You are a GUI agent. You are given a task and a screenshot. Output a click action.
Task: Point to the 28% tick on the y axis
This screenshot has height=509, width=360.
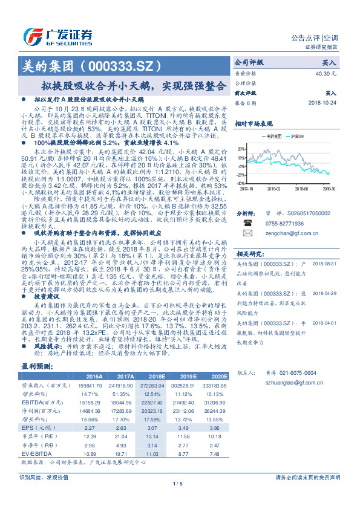pyautogui.click(x=241, y=148)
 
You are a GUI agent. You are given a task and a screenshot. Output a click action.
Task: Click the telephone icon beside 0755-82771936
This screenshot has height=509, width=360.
pyautogui.click(x=247, y=223)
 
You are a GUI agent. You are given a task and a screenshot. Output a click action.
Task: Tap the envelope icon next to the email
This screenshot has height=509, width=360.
pyautogui.click(x=247, y=233)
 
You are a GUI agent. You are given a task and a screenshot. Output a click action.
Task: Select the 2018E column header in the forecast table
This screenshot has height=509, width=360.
pyautogui.click(x=156, y=376)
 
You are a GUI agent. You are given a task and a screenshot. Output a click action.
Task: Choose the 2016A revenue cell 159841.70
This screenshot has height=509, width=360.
pyautogui.click(x=91, y=385)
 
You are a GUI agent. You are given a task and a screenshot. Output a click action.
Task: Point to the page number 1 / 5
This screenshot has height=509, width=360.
pyautogui.click(x=180, y=483)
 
